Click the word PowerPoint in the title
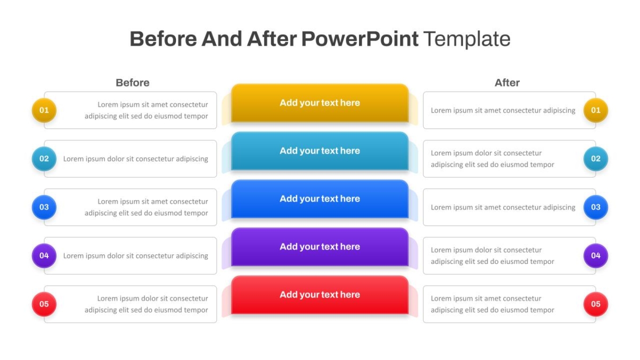pyautogui.click(x=359, y=39)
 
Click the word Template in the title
pyautogui.click(x=467, y=39)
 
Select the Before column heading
pyautogui.click(x=133, y=83)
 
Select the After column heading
pyautogui.click(x=507, y=83)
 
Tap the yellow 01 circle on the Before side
pyautogui.click(x=44, y=110)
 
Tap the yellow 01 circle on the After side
pyautogui.click(x=596, y=110)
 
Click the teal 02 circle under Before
pyautogui.click(x=44, y=159)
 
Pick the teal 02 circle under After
pyautogui.click(x=596, y=159)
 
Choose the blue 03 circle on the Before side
pyautogui.click(x=44, y=207)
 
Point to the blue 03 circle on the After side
pyautogui.click(x=596, y=207)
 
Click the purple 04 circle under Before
pyautogui.click(x=44, y=255)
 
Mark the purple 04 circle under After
pyautogui.click(x=596, y=255)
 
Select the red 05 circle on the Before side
pyautogui.click(x=44, y=305)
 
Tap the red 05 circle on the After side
pyautogui.click(x=596, y=305)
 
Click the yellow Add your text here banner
pyautogui.click(x=319, y=103)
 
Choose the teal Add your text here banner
pyautogui.click(x=319, y=151)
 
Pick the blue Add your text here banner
pyautogui.click(x=319, y=199)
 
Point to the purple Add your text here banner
pyautogui.click(x=319, y=247)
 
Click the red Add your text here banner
pyautogui.click(x=319, y=295)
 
